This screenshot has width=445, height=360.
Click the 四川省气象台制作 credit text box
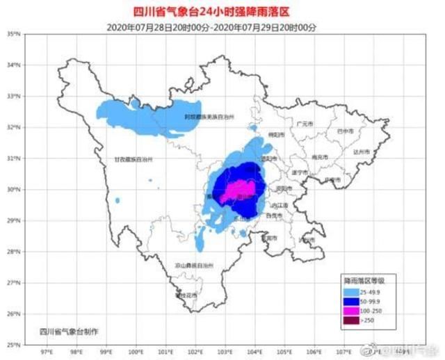pyautogui.click(x=69, y=331)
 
